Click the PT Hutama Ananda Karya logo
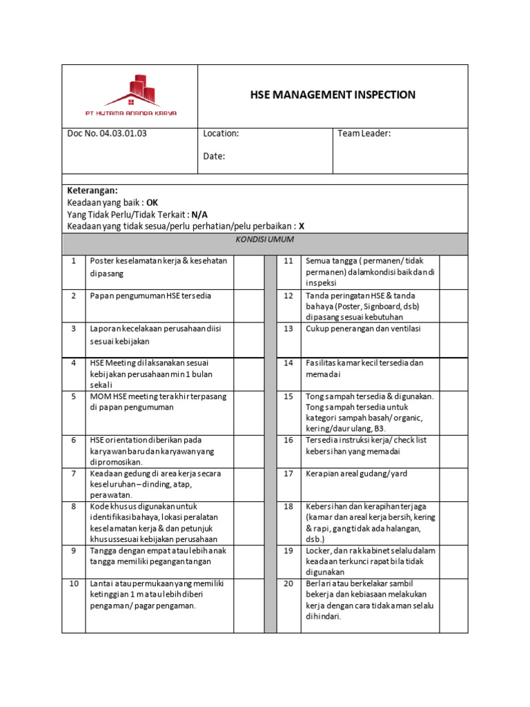(x=129, y=96)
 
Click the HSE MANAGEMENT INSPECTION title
(x=333, y=95)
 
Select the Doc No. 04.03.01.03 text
(x=107, y=133)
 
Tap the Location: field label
(x=221, y=133)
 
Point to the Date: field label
(x=214, y=156)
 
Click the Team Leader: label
(x=364, y=133)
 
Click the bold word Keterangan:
(x=92, y=191)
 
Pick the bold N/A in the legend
(x=199, y=214)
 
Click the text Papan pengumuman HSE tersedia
(x=150, y=296)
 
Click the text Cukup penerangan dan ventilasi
(x=363, y=329)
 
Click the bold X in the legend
(x=302, y=226)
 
